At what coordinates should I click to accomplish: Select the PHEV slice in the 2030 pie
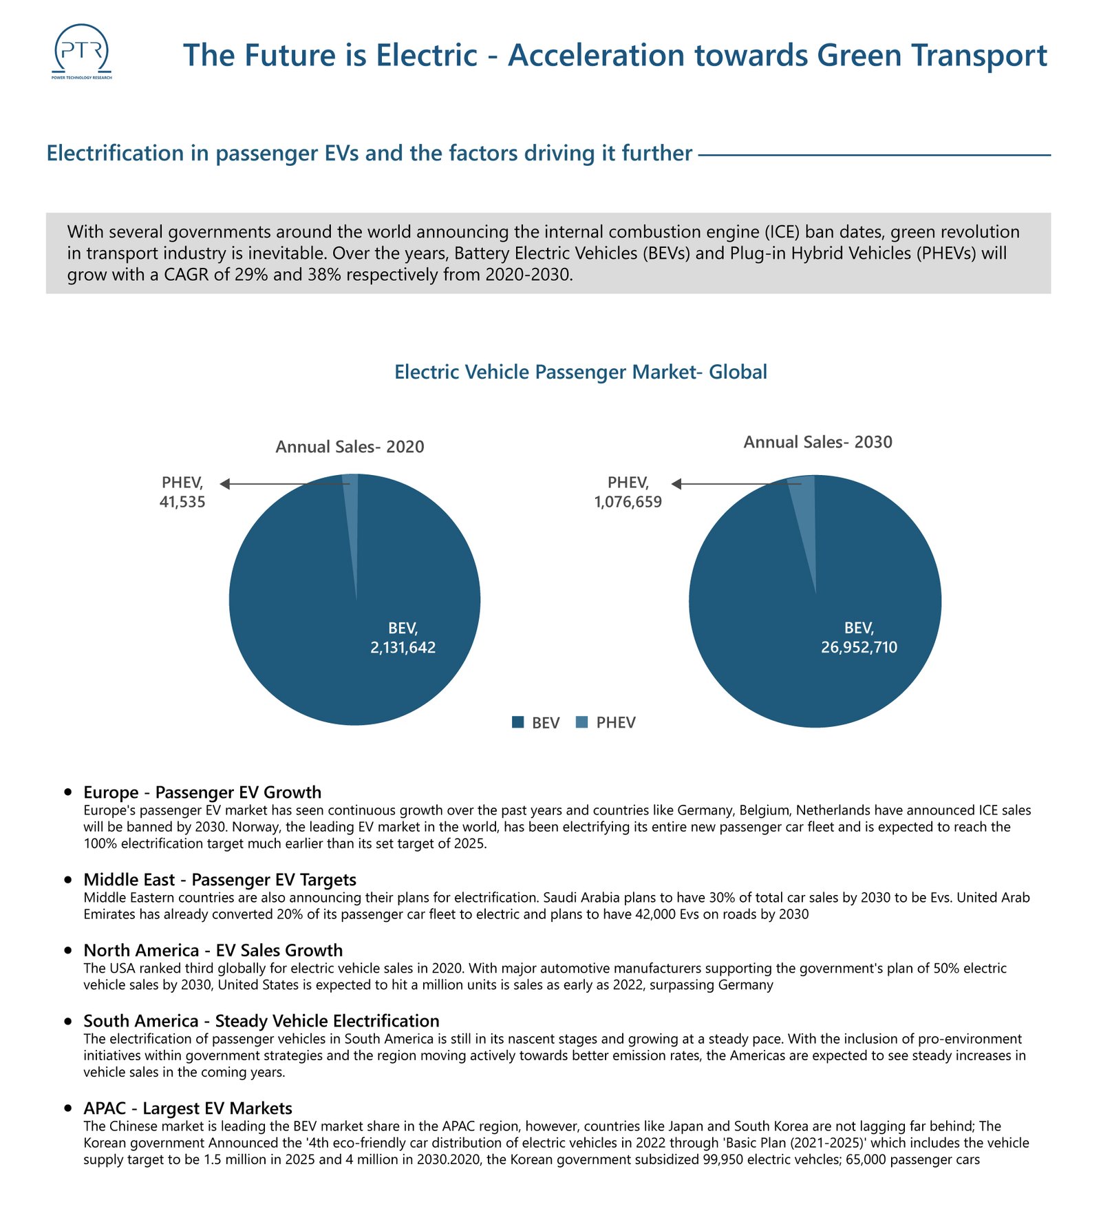coord(804,509)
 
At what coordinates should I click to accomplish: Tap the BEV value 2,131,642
coord(403,647)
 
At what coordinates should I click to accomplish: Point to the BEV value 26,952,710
coord(859,647)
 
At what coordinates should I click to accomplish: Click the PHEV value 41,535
coord(182,502)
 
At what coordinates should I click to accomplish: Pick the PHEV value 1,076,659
coord(628,502)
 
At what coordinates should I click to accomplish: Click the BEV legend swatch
coord(518,722)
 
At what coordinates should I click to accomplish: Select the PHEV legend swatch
coord(581,722)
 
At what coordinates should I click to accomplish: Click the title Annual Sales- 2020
coord(350,447)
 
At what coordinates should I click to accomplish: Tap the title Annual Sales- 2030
coord(817,442)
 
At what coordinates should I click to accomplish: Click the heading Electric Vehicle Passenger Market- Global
coord(580,372)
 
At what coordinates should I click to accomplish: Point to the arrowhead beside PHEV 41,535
coord(224,484)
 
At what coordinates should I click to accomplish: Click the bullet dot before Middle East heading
coord(67,880)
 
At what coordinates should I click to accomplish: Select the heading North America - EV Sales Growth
coord(213,950)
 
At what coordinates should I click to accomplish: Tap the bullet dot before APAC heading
coord(67,1108)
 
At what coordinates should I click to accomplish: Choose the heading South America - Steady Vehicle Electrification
coord(261,1020)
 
